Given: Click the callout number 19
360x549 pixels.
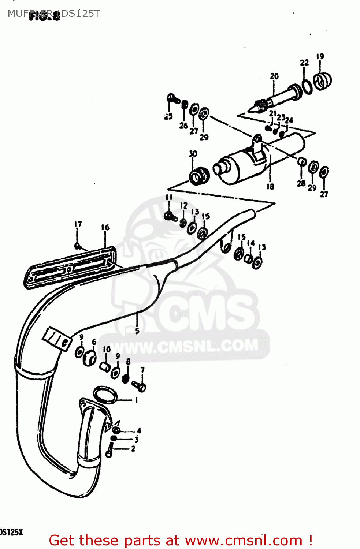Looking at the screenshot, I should [320, 56].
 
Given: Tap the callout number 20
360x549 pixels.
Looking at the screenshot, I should [274, 76].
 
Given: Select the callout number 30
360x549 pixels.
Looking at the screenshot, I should [193, 154].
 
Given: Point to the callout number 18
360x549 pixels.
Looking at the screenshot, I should [270, 187].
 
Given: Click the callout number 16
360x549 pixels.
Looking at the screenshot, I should [105, 228].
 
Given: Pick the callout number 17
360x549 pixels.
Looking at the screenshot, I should [78, 224].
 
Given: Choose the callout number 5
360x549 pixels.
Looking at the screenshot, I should [137, 331].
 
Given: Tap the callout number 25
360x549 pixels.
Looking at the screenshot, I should [168, 116].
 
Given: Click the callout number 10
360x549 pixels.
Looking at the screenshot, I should [107, 349].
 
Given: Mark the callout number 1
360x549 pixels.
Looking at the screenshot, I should [136, 400].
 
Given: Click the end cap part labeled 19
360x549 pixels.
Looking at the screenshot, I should [323, 81].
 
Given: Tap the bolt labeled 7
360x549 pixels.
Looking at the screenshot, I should [140, 386].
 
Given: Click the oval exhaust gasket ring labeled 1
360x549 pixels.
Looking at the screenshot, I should [105, 395].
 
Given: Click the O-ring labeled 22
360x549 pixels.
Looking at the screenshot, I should [307, 86].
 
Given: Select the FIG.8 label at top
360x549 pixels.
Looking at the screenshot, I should [45, 16].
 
